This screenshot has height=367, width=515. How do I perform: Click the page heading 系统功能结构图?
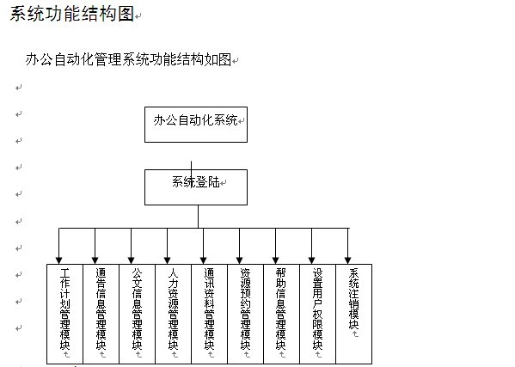(72, 14)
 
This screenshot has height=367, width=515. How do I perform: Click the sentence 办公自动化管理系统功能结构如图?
(128, 60)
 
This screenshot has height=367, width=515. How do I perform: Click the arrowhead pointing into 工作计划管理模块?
(58, 260)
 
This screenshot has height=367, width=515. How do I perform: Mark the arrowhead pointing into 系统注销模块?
(348, 260)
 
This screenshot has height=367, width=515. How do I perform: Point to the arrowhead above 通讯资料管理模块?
(203, 260)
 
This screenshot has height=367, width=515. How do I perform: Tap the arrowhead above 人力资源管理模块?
(167, 260)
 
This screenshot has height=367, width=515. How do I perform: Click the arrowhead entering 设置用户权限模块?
(312, 260)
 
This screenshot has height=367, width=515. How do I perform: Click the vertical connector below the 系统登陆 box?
(198, 217)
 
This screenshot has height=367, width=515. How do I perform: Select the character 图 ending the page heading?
(126, 14)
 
